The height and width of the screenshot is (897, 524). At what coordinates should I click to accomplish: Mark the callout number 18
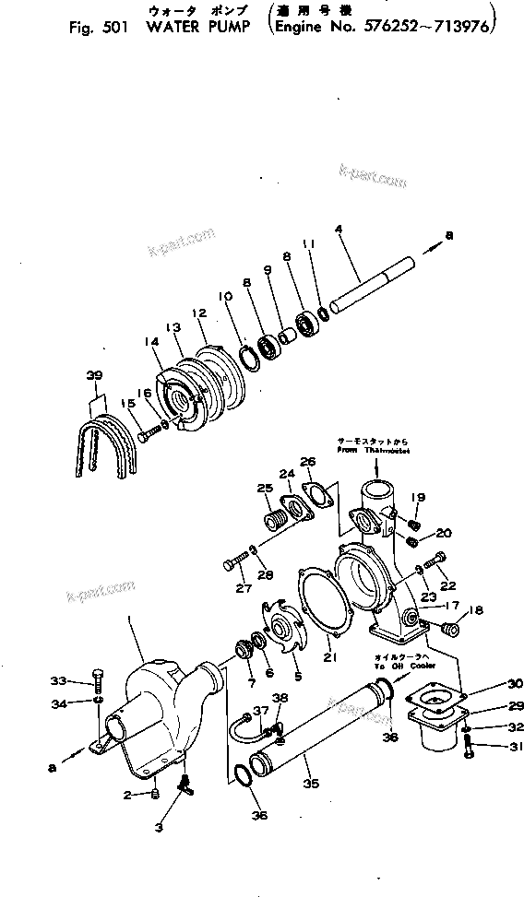click(x=475, y=610)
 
